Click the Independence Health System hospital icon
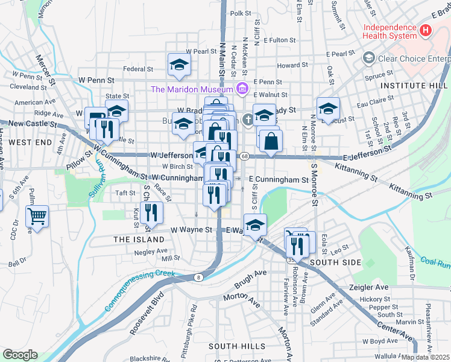tap(426, 30)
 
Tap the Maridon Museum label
tap(192, 89)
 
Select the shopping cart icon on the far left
tap(37, 216)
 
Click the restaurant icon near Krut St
tap(151, 212)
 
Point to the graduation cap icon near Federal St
tap(179, 64)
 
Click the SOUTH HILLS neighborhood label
tap(237, 346)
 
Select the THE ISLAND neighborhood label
tap(139, 240)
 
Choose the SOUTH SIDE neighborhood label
tap(335, 262)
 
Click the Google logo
tap(20, 355)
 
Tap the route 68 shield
tap(244, 156)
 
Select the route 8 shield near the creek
tap(198, 278)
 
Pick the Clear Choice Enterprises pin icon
tap(368, 58)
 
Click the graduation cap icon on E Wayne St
tap(255, 224)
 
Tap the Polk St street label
tap(240, 13)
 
